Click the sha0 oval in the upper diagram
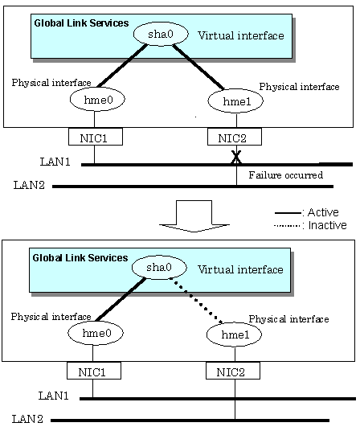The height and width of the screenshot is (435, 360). coord(161,34)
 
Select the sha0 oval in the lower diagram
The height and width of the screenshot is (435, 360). coord(159,268)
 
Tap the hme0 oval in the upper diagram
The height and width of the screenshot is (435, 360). coord(97,100)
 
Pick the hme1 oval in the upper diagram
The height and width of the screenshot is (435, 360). coord(235,101)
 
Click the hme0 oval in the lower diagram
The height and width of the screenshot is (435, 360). coord(96,333)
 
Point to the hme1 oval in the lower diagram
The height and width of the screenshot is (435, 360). coord(234,334)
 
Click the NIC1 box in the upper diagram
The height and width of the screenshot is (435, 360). coord(96,137)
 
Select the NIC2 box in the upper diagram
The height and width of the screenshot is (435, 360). coord(235,137)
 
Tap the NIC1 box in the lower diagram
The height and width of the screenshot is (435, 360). coord(94,371)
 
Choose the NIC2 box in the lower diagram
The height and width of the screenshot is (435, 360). coord(233,371)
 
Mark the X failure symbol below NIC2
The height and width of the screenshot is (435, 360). coord(236,157)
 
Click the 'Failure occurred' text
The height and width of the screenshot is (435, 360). coord(286,175)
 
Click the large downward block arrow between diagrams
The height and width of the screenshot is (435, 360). coord(194,215)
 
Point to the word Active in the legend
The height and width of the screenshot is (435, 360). coord(323,212)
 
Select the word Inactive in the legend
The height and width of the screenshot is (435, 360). coord(328,225)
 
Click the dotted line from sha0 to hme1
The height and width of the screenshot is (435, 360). coord(196,301)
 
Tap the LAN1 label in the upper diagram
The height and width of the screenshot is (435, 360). coord(55,162)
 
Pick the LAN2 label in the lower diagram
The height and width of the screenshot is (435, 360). coord(27,419)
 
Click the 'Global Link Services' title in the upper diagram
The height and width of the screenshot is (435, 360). coord(81,23)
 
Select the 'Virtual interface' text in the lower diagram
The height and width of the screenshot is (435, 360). coord(240,269)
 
